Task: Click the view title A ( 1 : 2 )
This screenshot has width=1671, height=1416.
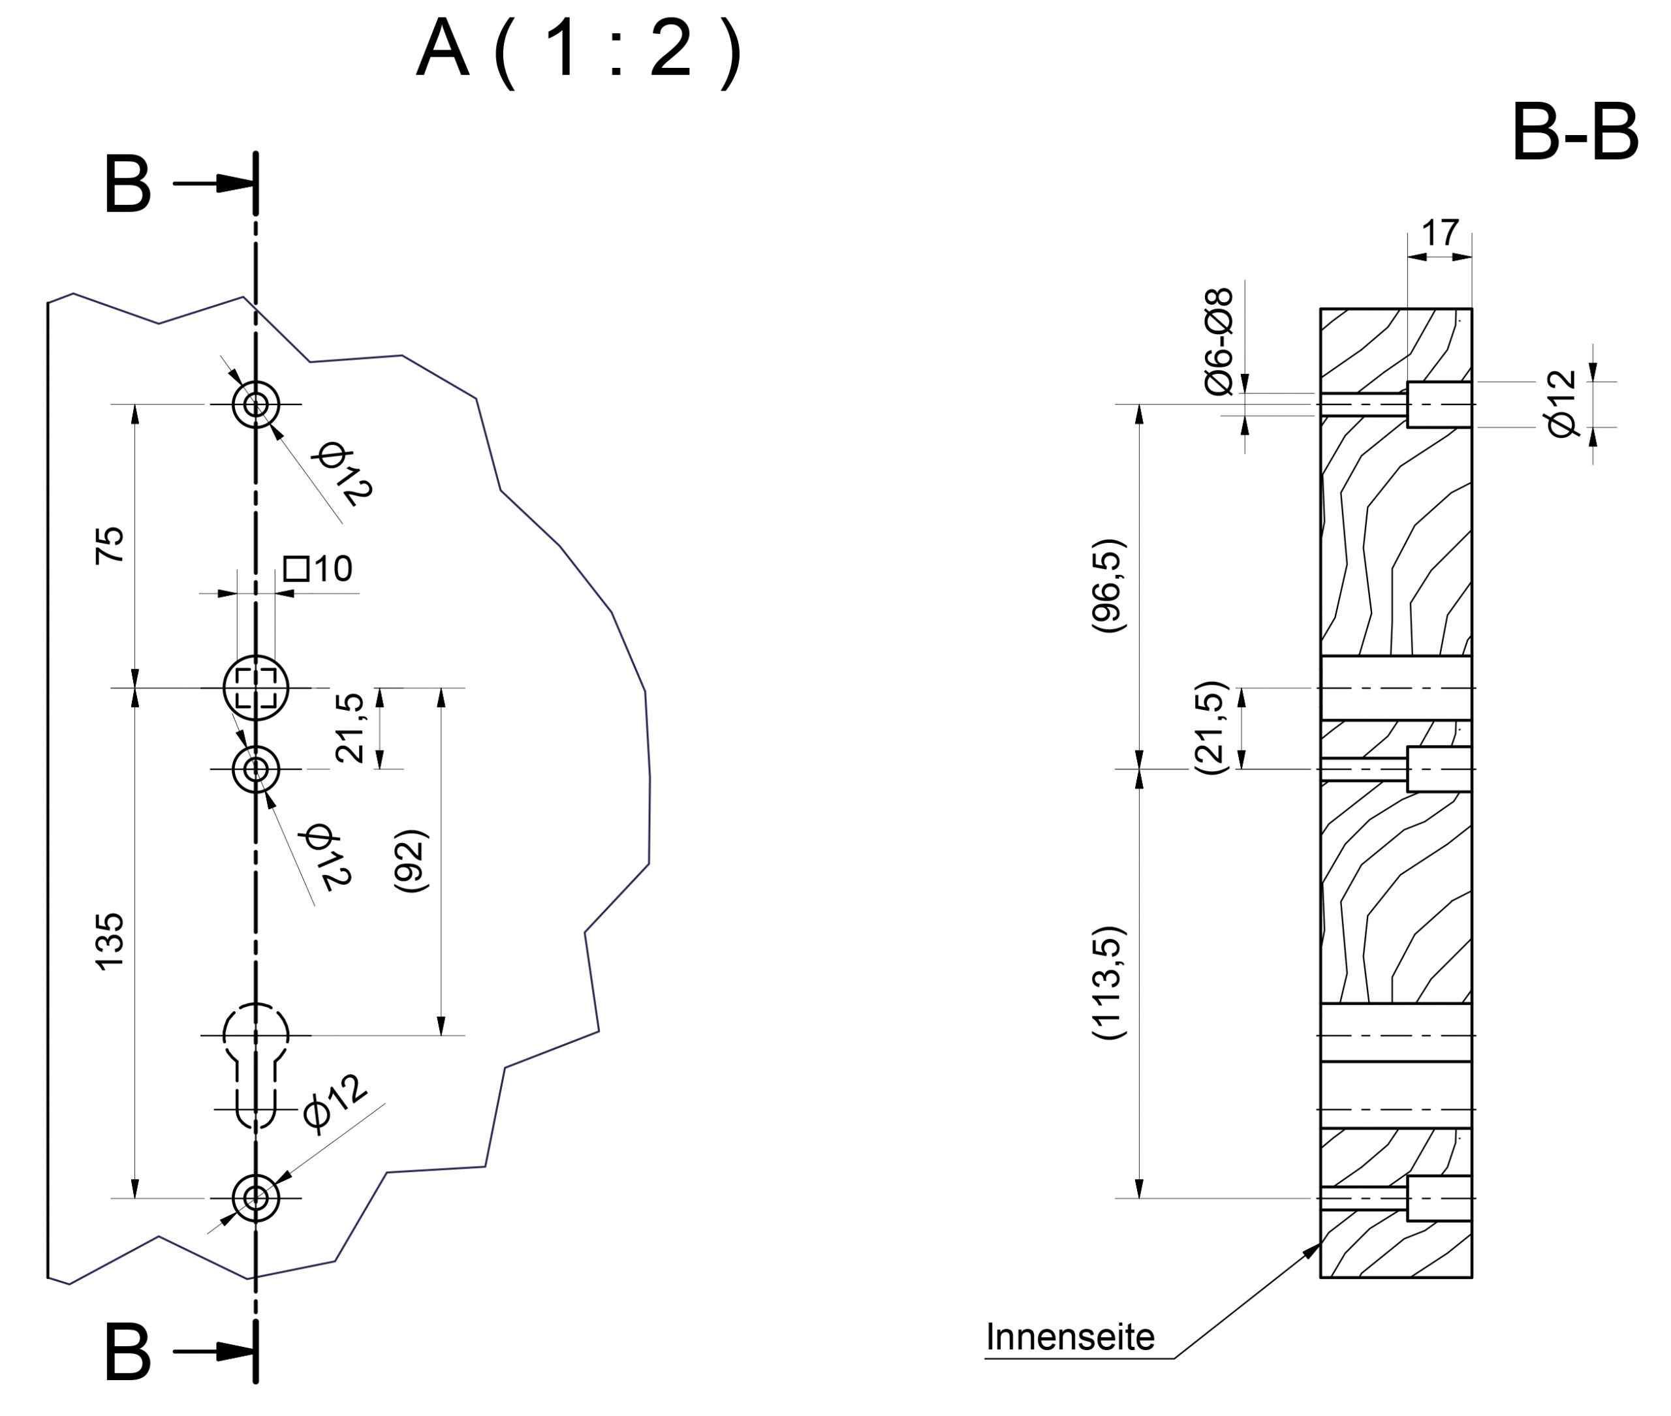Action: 578,52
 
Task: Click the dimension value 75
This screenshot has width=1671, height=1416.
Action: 110,546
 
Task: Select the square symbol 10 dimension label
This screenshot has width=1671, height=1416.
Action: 318,569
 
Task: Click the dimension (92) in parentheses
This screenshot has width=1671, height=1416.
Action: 411,861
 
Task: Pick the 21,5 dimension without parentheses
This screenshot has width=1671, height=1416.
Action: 350,728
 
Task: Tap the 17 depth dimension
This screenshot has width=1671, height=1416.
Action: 1440,234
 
